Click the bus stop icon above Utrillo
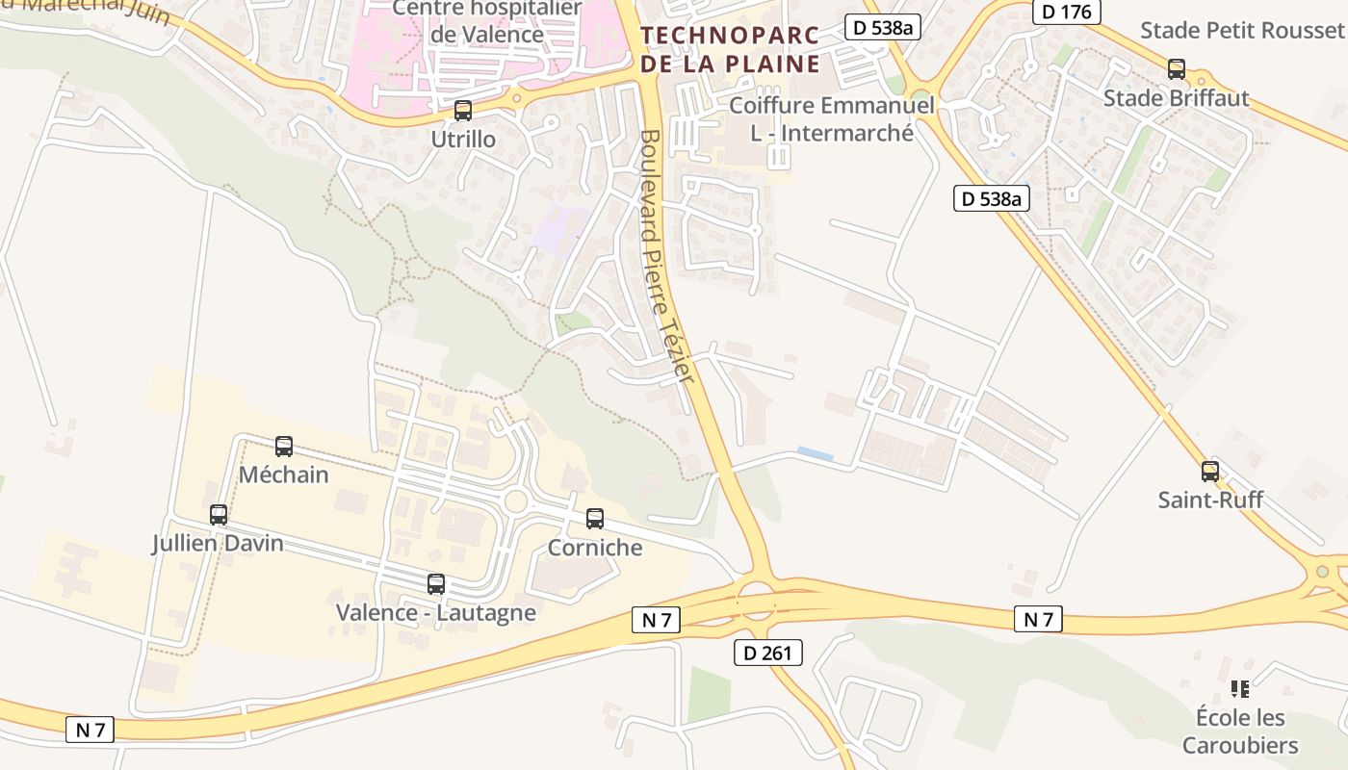pyautogui.click(x=463, y=111)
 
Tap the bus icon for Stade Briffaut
pyautogui.click(x=1177, y=69)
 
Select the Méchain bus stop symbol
pyautogui.click(x=284, y=447)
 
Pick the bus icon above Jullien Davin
pyautogui.click(x=219, y=515)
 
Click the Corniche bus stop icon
pyautogui.click(x=595, y=519)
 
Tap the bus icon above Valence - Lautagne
pyautogui.click(x=436, y=583)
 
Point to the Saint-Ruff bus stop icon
pyautogui.click(x=1210, y=472)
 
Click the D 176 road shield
pyautogui.click(x=1066, y=13)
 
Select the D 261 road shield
pyautogui.click(x=767, y=653)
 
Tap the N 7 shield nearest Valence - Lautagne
pyautogui.click(x=656, y=620)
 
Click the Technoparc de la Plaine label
pyautogui.click(x=730, y=50)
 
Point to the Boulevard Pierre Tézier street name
pyautogui.click(x=665, y=257)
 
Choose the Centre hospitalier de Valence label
pyautogui.click(x=487, y=22)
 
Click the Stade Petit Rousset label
pyautogui.click(x=1242, y=30)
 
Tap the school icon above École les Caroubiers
pyautogui.click(x=1240, y=689)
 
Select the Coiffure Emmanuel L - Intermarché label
pyautogui.click(x=832, y=118)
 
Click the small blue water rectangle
pyautogui.click(x=816, y=453)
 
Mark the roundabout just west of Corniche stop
pyautogui.click(x=516, y=500)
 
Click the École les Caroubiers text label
pyautogui.click(x=1240, y=731)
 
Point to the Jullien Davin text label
pyautogui.click(x=218, y=543)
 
